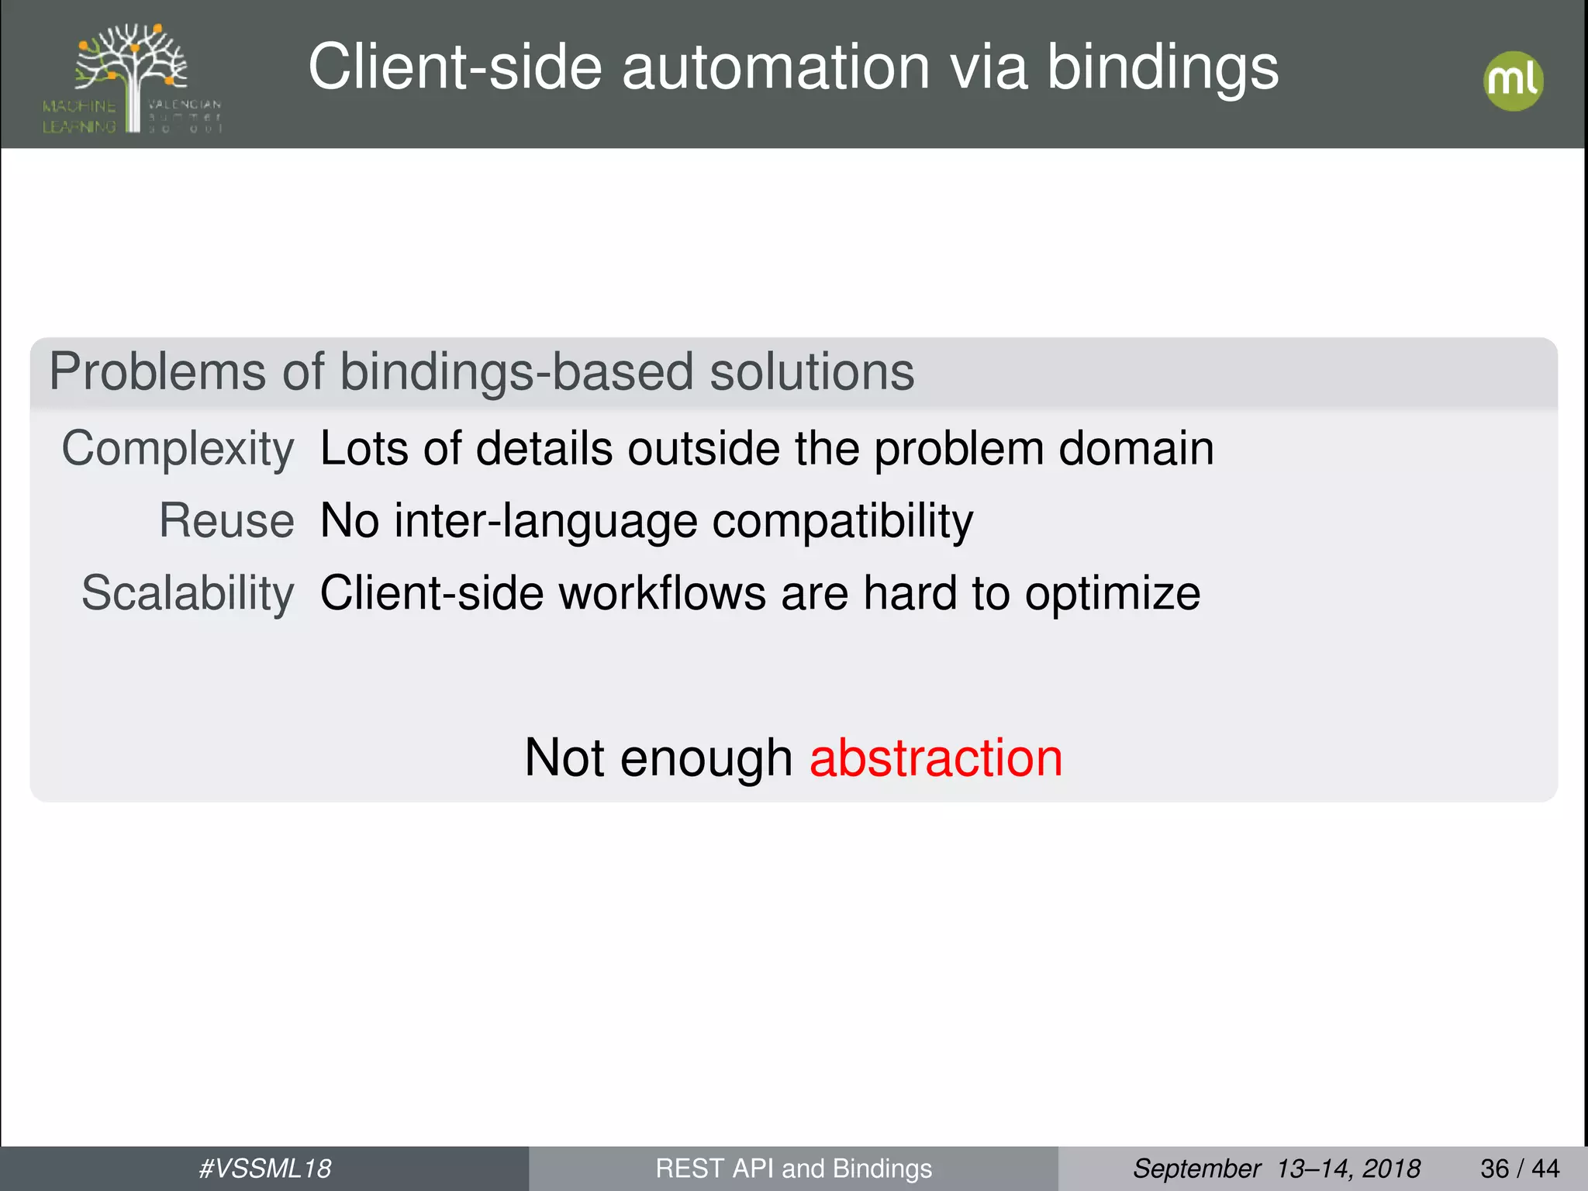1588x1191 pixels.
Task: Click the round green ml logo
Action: pos(1513,81)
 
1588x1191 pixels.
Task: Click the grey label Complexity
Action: pos(178,449)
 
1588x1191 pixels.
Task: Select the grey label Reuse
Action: pos(226,520)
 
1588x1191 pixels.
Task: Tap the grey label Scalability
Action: pos(188,594)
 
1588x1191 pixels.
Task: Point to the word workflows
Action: pos(662,594)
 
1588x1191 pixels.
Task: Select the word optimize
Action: pos(1112,594)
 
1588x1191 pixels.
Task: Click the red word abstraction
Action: pos(935,758)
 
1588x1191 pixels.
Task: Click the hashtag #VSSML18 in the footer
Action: pos(264,1169)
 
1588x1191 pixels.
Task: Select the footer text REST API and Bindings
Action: pos(793,1169)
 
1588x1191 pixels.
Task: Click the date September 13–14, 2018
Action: pos(1276,1169)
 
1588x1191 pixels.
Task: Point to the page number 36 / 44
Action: pos(1519,1169)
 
